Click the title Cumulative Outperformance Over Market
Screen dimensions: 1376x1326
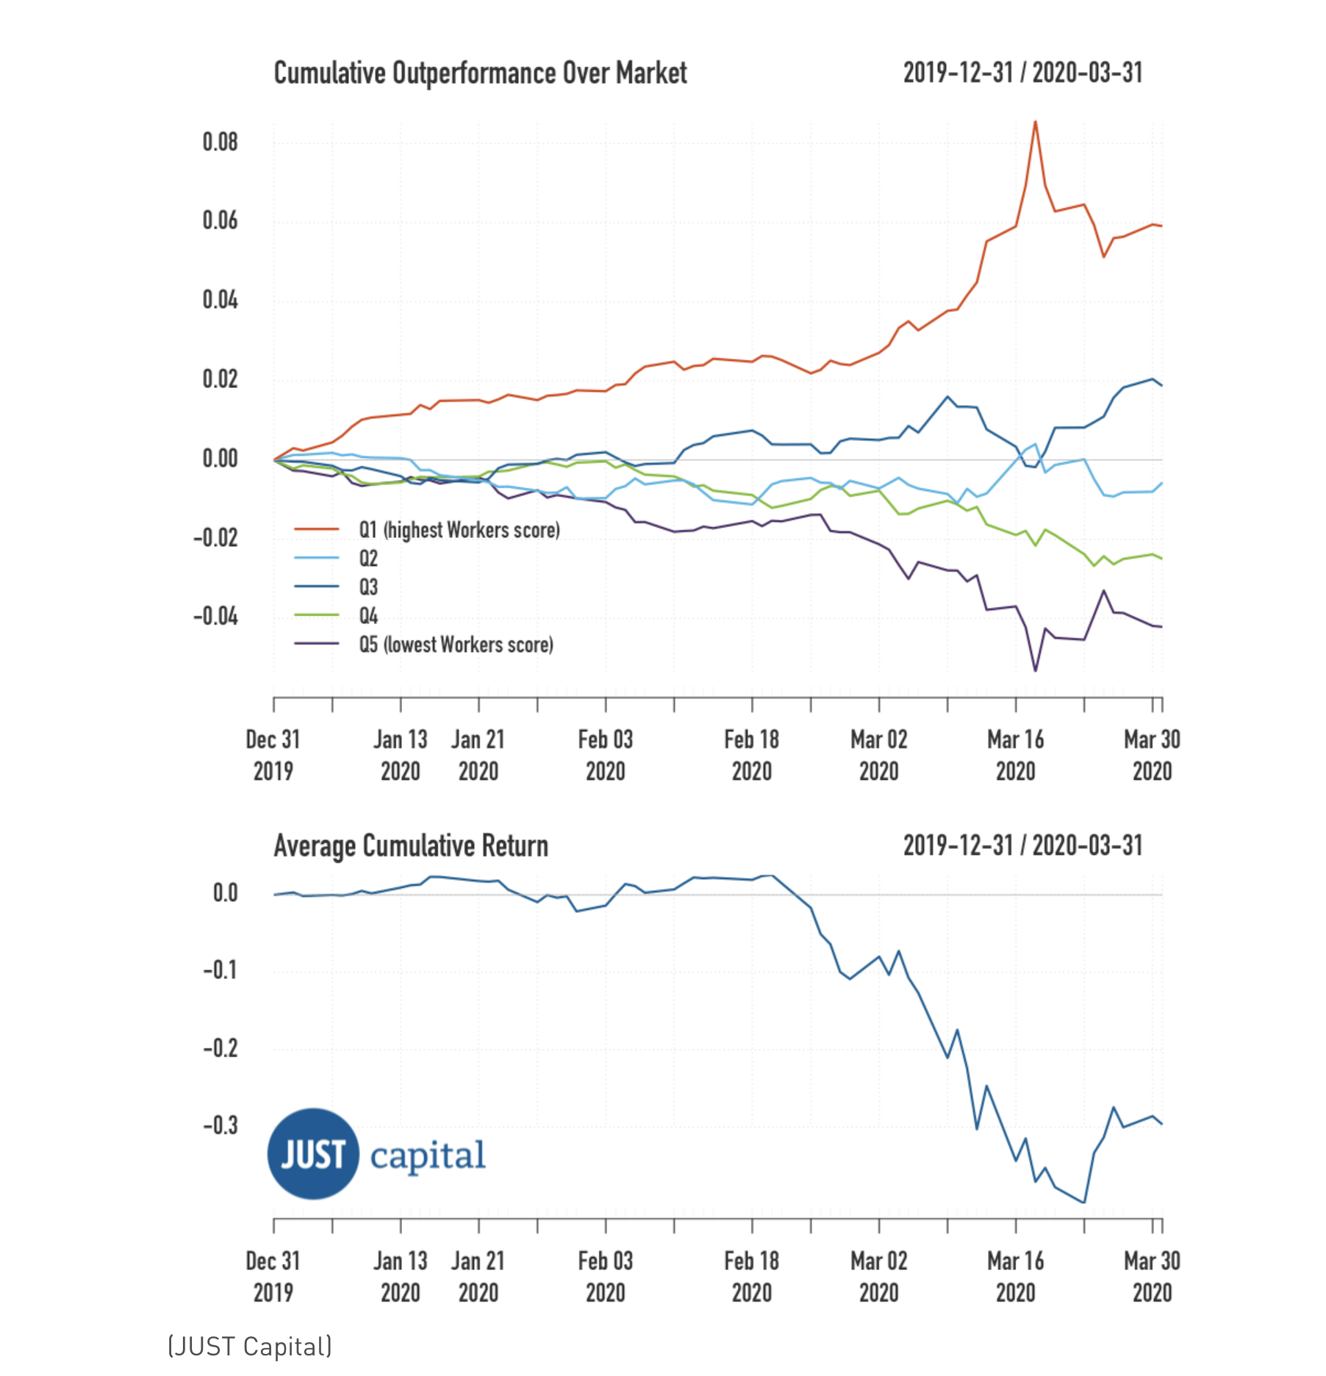tap(480, 74)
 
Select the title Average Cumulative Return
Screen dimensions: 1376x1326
tap(411, 846)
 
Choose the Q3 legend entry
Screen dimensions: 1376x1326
tap(368, 587)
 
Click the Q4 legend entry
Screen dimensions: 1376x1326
tap(368, 616)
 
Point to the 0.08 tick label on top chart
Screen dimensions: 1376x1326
tap(220, 142)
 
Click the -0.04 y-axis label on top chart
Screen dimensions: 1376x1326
tap(215, 616)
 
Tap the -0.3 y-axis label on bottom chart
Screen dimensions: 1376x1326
tap(220, 1125)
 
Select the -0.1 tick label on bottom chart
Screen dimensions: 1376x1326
tap(220, 970)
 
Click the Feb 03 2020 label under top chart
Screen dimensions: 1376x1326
tap(605, 756)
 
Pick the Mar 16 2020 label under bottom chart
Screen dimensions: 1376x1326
tap(1015, 1277)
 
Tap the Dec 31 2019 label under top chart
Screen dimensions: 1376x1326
tap(273, 756)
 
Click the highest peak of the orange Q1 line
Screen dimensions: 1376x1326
tap(1035, 122)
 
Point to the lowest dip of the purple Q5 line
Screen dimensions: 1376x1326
tap(1036, 670)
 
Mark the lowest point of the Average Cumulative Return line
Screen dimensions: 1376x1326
tap(1084, 1203)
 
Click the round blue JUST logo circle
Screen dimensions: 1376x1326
tap(313, 1154)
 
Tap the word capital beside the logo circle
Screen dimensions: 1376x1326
tap(427, 1155)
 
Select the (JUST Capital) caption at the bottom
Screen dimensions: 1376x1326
tap(250, 1347)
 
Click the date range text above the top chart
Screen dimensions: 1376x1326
tap(1022, 73)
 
